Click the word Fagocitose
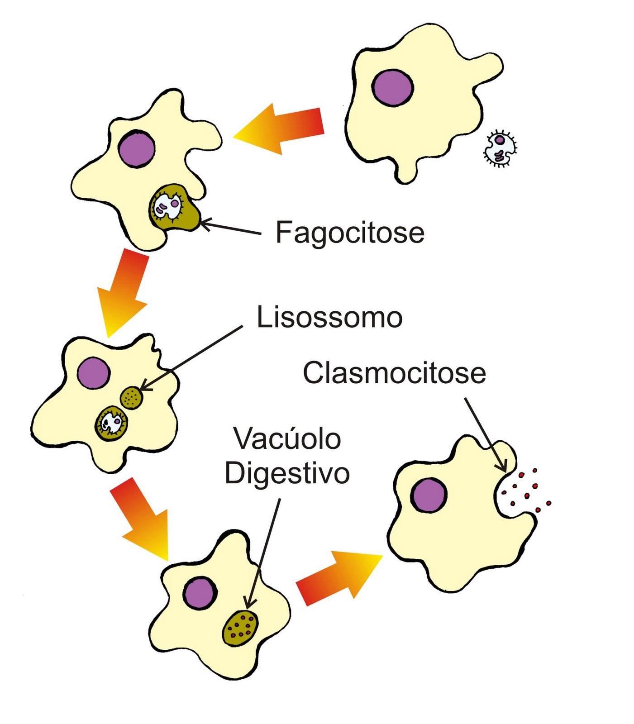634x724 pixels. [x=349, y=233]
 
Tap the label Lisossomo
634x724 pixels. [x=329, y=317]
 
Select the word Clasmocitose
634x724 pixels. [x=394, y=373]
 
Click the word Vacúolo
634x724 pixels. [x=287, y=439]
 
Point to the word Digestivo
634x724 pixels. [x=287, y=474]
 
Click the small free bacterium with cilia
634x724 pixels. [x=500, y=148]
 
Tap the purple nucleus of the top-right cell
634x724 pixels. [x=392, y=88]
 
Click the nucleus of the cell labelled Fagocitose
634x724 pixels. [x=137, y=148]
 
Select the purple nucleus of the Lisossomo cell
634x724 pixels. [x=93, y=373]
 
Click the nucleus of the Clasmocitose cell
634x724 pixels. [x=429, y=495]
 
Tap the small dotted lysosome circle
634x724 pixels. [x=132, y=398]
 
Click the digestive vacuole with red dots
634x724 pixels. [x=240, y=628]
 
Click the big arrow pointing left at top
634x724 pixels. [x=281, y=129]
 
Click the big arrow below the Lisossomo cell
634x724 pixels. [x=142, y=517]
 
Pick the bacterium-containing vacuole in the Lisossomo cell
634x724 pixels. [x=111, y=424]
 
